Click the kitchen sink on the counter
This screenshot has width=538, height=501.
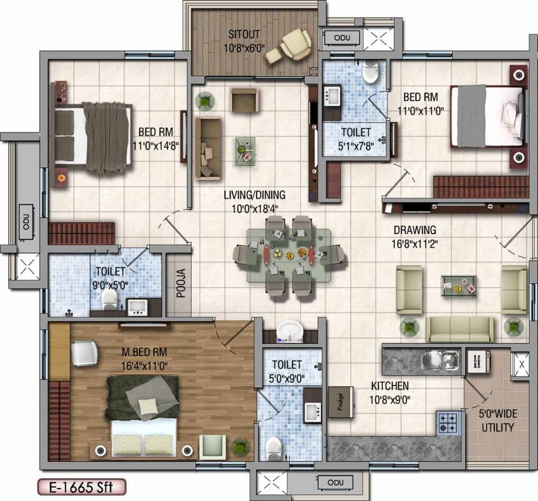(x=434, y=359)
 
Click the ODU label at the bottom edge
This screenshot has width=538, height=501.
(x=335, y=482)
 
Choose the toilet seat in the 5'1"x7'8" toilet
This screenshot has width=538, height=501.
(x=370, y=73)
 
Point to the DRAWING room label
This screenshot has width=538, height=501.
(x=414, y=230)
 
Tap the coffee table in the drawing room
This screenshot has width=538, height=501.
(x=459, y=284)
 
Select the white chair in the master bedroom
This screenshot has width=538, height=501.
(x=84, y=354)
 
